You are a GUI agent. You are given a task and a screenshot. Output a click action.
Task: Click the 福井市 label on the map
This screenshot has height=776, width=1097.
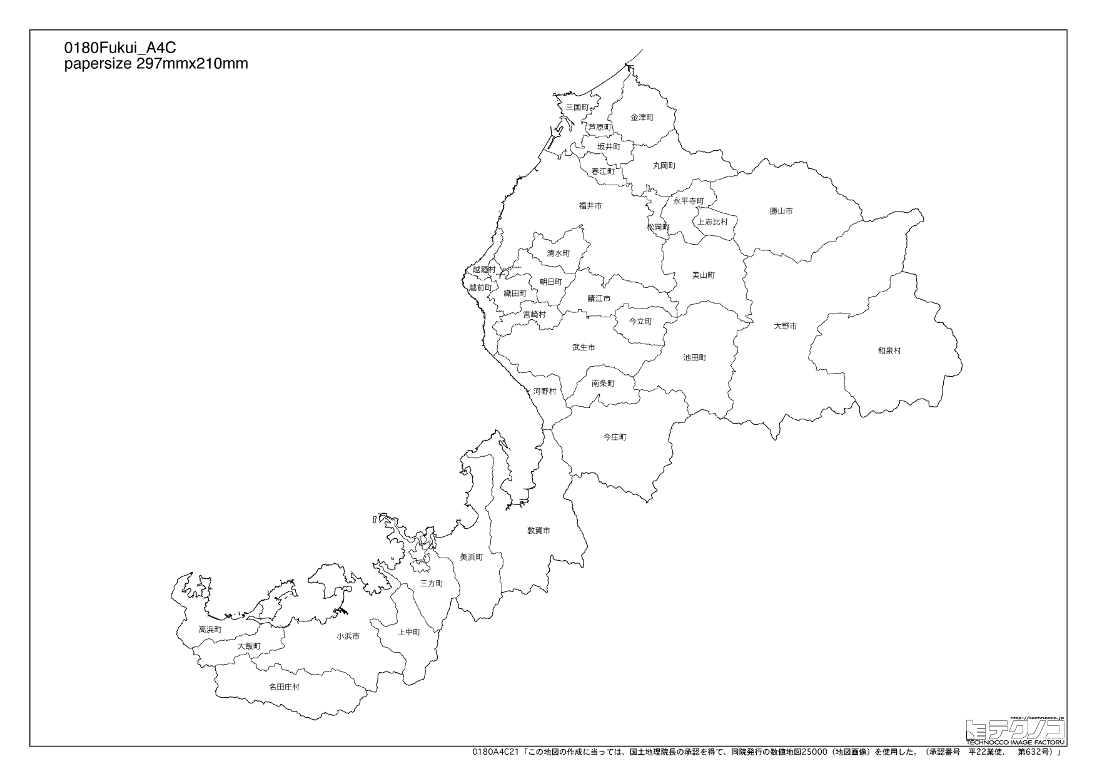tap(590, 206)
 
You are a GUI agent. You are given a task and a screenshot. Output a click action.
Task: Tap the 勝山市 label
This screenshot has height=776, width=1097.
tap(781, 212)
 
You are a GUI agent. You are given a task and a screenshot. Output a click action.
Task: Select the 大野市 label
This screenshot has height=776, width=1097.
tap(785, 326)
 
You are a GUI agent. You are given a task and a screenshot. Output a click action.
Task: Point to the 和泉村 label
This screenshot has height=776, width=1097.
tap(889, 351)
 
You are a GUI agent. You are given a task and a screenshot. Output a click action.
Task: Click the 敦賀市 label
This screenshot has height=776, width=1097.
tap(538, 531)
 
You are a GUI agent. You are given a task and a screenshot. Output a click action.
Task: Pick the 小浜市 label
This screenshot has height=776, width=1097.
tap(348, 636)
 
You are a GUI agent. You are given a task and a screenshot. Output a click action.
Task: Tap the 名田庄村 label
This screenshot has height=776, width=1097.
tap(284, 687)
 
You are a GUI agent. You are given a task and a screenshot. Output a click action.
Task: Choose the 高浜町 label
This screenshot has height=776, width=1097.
tap(210, 630)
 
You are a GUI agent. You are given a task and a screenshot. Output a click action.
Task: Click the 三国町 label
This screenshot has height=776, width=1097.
tap(577, 108)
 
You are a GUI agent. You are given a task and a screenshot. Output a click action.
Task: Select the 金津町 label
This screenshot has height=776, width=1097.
tap(642, 117)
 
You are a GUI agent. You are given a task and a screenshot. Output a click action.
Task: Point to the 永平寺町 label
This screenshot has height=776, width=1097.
tap(689, 201)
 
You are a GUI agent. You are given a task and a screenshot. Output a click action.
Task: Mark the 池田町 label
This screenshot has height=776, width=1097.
tap(694, 358)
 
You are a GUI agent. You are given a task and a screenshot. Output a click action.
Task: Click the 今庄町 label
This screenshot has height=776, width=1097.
tap(614, 437)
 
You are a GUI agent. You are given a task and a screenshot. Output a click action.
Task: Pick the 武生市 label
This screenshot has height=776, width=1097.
tap(584, 347)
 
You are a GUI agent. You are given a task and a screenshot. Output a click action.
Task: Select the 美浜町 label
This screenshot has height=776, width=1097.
tap(471, 557)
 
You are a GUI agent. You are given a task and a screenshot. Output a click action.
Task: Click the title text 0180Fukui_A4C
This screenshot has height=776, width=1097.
tap(116, 48)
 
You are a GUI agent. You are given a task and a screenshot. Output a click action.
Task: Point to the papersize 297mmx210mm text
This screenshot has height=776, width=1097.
tap(156, 63)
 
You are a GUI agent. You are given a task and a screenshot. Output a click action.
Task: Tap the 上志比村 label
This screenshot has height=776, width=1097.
tap(713, 222)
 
